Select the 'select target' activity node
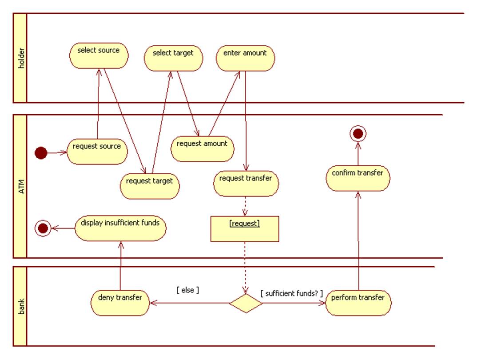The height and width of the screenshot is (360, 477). [173, 57]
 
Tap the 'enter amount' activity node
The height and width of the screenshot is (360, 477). [245, 57]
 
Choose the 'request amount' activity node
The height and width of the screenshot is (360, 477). [202, 148]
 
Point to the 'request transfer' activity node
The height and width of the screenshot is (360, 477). [246, 183]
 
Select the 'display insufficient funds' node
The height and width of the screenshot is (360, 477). [120, 228]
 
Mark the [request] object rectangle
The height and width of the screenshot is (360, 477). [245, 229]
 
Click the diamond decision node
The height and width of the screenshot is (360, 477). [246, 303]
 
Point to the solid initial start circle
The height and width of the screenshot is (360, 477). [41, 154]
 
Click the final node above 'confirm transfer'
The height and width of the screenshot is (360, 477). [358, 133]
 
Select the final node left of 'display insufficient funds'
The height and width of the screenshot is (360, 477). [43, 228]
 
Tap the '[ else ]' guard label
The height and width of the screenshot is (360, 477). [188, 290]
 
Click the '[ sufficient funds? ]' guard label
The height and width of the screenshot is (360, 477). [291, 293]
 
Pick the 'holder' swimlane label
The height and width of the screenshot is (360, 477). [20, 58]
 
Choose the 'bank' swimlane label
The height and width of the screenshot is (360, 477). [20, 306]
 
